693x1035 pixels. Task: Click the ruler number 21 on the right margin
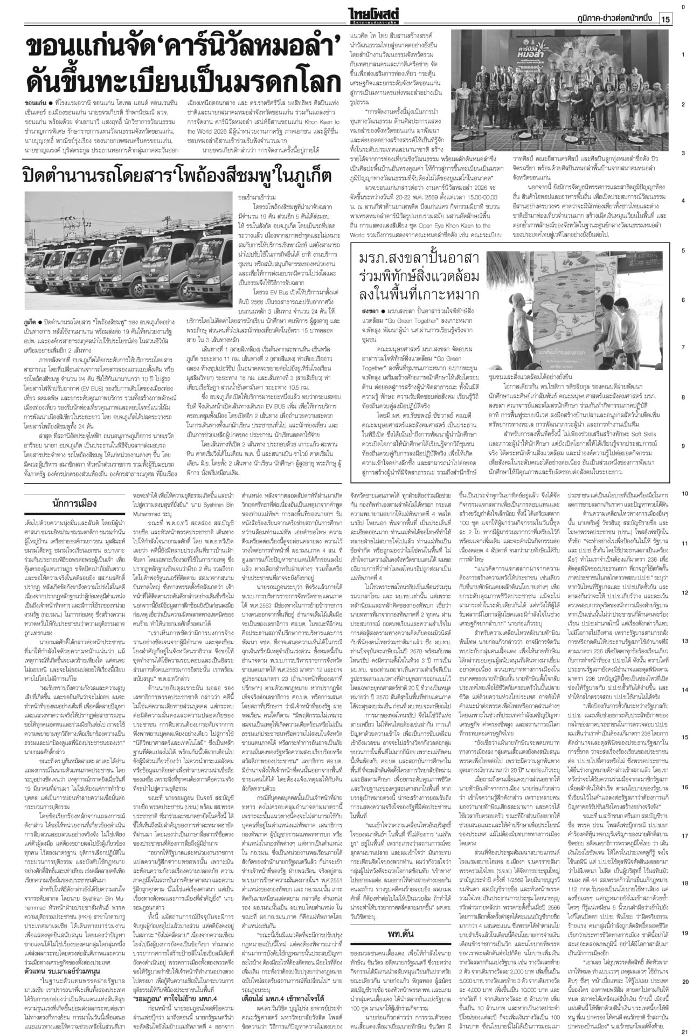[x=682, y=1029]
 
